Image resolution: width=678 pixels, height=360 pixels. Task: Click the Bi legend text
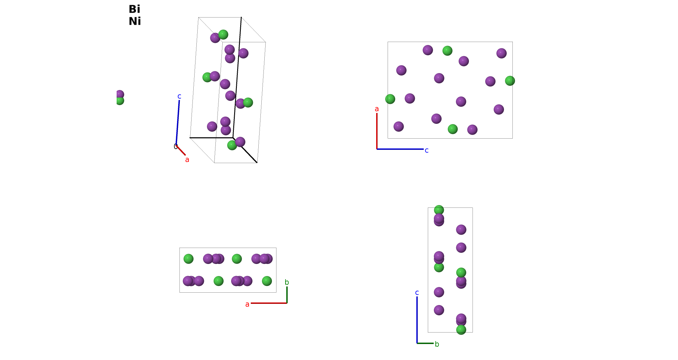coord(134,9)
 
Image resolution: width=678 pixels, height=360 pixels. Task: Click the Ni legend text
coord(135,21)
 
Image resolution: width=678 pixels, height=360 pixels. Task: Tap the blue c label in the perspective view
coord(179,96)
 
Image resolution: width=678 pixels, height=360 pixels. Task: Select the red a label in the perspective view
coord(187,160)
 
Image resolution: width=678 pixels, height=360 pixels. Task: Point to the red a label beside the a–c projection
coord(377,109)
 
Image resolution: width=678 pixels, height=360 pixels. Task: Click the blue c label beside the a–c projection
coord(427,150)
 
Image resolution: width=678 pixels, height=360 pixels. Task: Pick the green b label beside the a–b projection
coord(287,282)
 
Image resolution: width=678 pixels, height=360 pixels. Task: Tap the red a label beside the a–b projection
coord(247,304)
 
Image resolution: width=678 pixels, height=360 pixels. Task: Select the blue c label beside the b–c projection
coord(417,293)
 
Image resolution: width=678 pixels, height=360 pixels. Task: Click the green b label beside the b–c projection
coord(437,344)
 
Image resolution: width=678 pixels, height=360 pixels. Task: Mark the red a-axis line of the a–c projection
coord(377,131)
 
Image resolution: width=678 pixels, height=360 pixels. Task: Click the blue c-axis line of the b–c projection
coord(417,320)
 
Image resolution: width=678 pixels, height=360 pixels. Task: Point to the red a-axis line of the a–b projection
coord(269,303)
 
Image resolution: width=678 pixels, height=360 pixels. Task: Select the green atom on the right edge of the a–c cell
coord(510,81)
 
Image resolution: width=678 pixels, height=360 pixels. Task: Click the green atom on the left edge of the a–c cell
coord(390,99)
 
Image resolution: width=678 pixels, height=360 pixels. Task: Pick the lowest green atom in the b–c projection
coord(461,330)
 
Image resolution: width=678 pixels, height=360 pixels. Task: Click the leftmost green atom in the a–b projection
coord(189,259)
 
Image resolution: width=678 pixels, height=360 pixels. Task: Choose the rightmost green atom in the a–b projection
coord(267,281)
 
